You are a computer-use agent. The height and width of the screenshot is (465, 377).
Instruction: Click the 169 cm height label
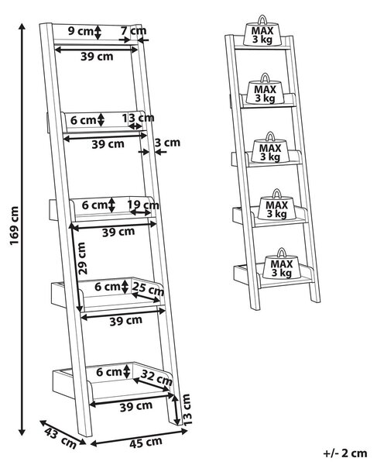tap(14, 226)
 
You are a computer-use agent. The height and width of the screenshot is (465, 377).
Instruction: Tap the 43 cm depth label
tap(60, 439)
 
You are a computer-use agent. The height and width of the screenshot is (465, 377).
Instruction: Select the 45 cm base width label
tap(146, 443)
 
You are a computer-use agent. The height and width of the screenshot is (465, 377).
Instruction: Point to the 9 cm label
tap(81, 31)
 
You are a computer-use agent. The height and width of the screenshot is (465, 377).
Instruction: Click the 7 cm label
tap(134, 30)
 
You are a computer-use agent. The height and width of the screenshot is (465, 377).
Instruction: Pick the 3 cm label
tap(167, 143)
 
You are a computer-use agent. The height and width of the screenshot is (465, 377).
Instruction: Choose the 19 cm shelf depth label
tap(143, 205)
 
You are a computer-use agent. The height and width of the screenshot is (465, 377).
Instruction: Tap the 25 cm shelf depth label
tap(148, 289)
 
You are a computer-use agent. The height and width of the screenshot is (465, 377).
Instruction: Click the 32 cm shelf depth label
tap(156, 377)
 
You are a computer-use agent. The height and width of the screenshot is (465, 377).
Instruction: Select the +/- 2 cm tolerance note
tap(345, 453)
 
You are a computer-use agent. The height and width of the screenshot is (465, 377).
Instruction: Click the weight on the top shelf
tap(262, 32)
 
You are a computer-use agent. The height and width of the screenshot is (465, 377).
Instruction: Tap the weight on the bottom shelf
tap(282, 264)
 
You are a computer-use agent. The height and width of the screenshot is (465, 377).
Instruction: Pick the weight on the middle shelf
tap(270, 148)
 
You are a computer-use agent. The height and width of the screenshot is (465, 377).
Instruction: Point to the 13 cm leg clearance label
tap(187, 410)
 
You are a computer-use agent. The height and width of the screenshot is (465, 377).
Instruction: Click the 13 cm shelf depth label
tap(139, 118)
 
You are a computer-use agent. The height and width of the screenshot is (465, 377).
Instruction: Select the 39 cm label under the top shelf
tap(97, 57)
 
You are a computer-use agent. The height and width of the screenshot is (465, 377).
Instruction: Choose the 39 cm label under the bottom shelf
tap(136, 407)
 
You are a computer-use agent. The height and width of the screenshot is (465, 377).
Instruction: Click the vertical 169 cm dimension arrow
tap(22, 229)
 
